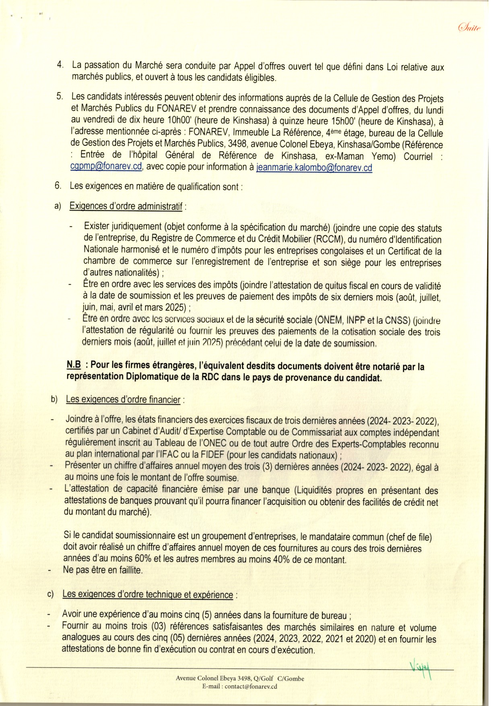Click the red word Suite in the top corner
pos(469,27)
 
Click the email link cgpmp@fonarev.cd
pos(106,167)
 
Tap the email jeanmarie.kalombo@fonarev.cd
pos(314,168)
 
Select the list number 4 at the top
pos(60,65)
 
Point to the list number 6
pos(58,186)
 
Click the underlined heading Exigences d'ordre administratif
pos(126,206)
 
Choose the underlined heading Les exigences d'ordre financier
pos(123,399)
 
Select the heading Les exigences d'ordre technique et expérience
pos(148,595)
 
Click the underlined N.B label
pos(74,365)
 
